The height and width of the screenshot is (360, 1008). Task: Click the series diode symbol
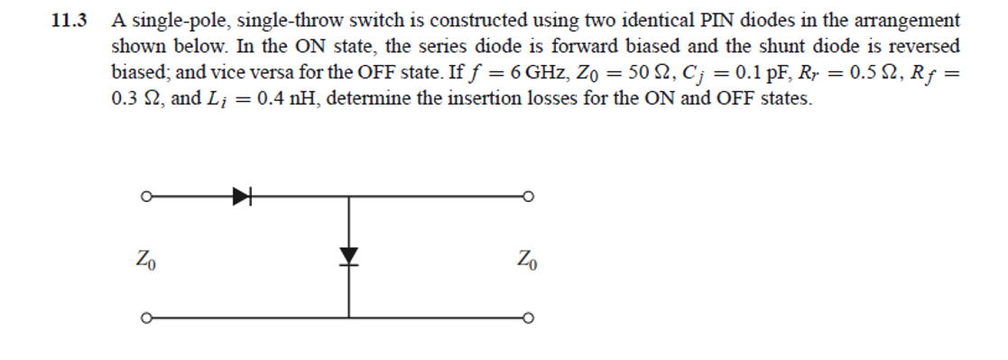(241, 194)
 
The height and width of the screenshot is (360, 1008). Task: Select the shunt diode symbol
(349, 256)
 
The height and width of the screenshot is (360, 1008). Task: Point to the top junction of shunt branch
(349, 194)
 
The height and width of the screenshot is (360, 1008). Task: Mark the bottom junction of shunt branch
(349, 317)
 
